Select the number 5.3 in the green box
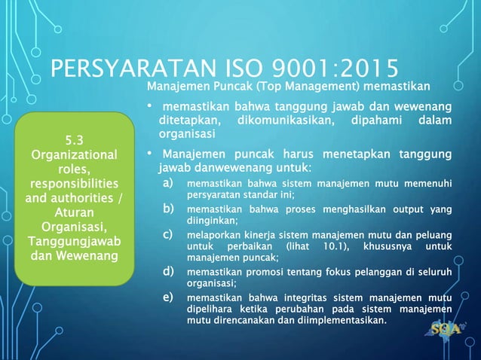click(74, 139)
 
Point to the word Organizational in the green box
click(74, 154)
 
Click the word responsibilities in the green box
click(74, 184)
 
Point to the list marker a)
click(170, 183)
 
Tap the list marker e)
click(170, 299)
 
